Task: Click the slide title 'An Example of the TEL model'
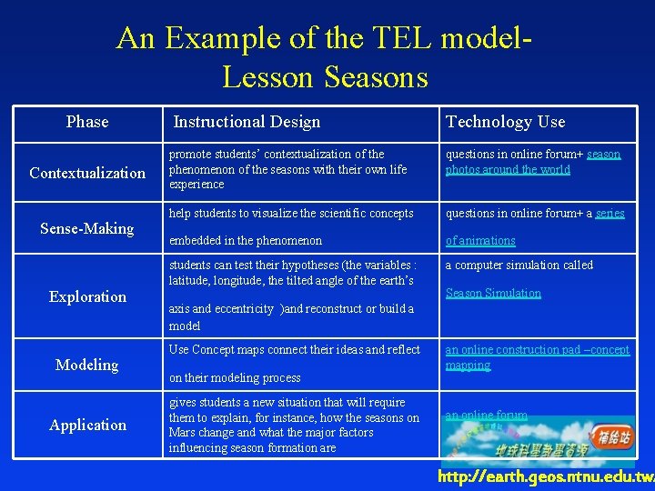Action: (x=323, y=39)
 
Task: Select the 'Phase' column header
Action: (x=87, y=122)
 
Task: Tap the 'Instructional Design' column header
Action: (x=247, y=122)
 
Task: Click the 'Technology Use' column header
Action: (x=505, y=122)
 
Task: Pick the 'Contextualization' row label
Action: (x=87, y=173)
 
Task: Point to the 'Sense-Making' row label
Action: (x=87, y=228)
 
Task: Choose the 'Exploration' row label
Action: (x=87, y=296)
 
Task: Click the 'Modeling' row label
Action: (x=87, y=365)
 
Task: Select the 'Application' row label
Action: (x=87, y=425)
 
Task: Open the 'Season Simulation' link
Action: (x=493, y=294)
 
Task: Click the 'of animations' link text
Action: (x=480, y=241)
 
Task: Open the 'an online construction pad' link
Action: (x=537, y=351)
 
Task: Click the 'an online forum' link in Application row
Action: (x=486, y=416)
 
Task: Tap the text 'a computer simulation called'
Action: (x=519, y=266)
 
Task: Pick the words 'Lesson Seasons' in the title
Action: (x=324, y=77)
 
